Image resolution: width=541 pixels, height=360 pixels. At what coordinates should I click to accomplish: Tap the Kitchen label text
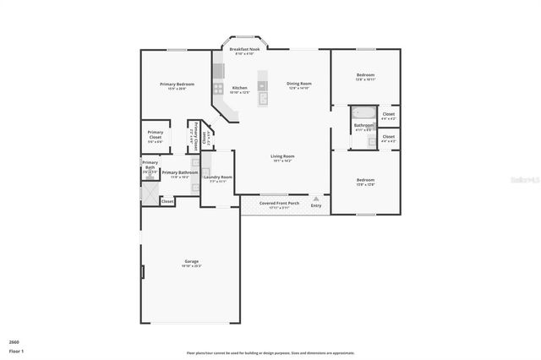click(x=240, y=88)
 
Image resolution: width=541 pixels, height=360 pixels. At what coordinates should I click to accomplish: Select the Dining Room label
click(x=299, y=84)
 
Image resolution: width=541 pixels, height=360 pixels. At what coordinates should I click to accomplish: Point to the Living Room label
click(x=282, y=156)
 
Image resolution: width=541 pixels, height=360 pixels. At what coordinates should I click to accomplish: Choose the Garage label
click(x=192, y=261)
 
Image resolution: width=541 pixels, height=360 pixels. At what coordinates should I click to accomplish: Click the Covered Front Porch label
click(x=279, y=203)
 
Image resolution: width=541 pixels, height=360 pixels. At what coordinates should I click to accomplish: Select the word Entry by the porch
click(x=316, y=205)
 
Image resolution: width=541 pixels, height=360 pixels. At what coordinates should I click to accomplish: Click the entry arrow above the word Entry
click(x=316, y=198)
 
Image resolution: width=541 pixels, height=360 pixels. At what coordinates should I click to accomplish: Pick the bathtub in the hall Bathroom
click(x=364, y=113)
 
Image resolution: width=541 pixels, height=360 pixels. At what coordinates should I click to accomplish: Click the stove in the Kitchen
click(x=218, y=88)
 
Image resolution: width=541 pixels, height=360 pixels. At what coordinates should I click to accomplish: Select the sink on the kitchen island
click(x=263, y=98)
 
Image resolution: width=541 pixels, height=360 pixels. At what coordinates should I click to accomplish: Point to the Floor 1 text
click(x=17, y=350)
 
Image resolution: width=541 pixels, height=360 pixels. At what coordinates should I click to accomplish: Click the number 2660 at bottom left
click(x=14, y=341)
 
